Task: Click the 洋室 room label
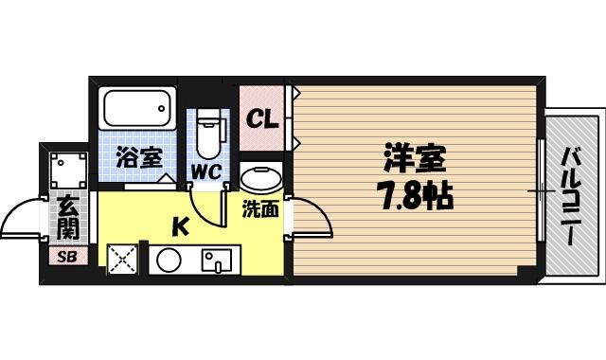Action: tap(415, 158)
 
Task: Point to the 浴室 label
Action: tap(137, 158)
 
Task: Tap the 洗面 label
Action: tap(259, 209)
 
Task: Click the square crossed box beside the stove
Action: tap(121, 259)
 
